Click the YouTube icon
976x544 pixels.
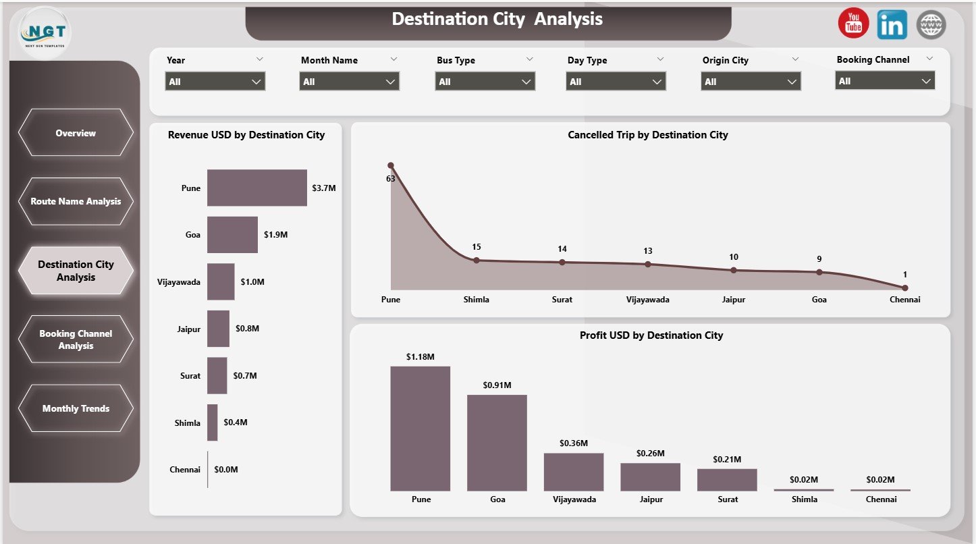pyautogui.click(x=853, y=24)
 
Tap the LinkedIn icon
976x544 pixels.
pyautogui.click(x=892, y=24)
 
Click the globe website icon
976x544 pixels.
pyautogui.click(x=931, y=24)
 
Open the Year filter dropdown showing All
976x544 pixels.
pyautogui.click(x=215, y=82)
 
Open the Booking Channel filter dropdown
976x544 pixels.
pyautogui.click(x=884, y=81)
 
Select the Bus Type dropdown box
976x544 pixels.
pyautogui.click(x=485, y=82)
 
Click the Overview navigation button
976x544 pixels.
pyautogui.click(x=76, y=133)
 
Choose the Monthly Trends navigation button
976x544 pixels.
pyautogui.click(x=76, y=408)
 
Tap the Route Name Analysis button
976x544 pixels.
pyautogui.click(x=76, y=201)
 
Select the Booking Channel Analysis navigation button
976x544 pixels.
pyautogui.click(x=76, y=339)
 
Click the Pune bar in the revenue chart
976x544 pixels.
pyautogui.click(x=256, y=188)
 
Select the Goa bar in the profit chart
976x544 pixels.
pyautogui.click(x=497, y=442)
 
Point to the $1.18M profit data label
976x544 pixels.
pyautogui.click(x=420, y=356)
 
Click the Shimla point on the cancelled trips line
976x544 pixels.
pyautogui.click(x=476, y=260)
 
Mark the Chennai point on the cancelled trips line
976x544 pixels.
pyautogui.click(x=904, y=288)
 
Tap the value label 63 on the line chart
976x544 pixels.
pyautogui.click(x=391, y=179)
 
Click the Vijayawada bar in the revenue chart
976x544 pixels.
pyautogui.click(x=221, y=281)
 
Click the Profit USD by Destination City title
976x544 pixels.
pyautogui.click(x=651, y=335)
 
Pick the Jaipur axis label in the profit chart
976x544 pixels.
pyautogui.click(x=650, y=499)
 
